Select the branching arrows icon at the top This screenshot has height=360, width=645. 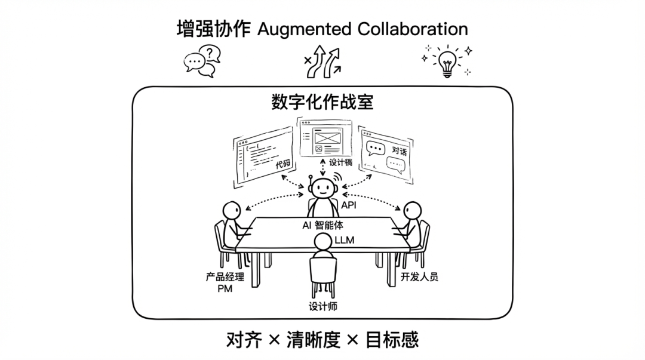[324, 61]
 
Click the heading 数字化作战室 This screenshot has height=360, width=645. [322, 102]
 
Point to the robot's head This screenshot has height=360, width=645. [322, 189]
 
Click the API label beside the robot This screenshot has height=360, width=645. [349, 205]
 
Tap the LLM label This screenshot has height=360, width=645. [345, 240]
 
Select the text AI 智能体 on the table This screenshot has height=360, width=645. [323, 225]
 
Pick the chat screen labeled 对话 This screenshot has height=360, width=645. [385, 154]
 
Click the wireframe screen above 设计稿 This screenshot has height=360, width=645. [325, 138]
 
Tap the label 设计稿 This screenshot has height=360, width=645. [340, 162]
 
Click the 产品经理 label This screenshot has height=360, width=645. [225, 277]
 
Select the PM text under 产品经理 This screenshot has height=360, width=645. [225, 288]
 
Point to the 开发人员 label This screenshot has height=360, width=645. [420, 277]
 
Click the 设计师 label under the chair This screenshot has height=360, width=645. [323, 306]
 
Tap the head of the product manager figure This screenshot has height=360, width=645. [232, 211]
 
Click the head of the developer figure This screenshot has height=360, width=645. [412, 211]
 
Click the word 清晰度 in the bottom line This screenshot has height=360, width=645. [314, 340]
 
